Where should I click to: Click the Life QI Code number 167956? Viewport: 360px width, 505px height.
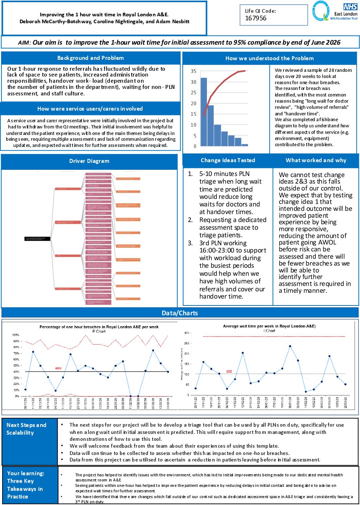256,18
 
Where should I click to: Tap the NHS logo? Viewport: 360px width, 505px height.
350,7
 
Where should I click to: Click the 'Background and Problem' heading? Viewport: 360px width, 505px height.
90,58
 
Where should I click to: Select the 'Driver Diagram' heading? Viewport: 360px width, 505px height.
89,161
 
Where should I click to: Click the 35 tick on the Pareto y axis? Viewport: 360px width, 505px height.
194,71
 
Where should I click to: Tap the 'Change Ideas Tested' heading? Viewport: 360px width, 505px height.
228,160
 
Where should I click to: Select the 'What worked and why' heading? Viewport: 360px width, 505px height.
316,160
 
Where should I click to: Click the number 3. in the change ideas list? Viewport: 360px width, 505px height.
190,243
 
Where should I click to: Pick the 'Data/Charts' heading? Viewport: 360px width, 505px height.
180,313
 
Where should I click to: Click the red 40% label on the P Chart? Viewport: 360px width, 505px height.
58,368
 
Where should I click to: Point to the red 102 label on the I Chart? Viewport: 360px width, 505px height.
229,371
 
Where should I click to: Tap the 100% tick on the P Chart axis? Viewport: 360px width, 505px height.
16,335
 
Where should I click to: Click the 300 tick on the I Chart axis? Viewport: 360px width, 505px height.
187,333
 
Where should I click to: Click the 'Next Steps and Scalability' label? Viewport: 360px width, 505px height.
26,429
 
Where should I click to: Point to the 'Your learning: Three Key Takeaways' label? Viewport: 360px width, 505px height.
25,485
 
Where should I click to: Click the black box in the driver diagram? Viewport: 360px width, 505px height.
37,239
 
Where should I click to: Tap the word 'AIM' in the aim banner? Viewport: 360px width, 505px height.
24,43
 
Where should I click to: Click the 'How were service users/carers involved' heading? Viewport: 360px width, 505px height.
90,109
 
